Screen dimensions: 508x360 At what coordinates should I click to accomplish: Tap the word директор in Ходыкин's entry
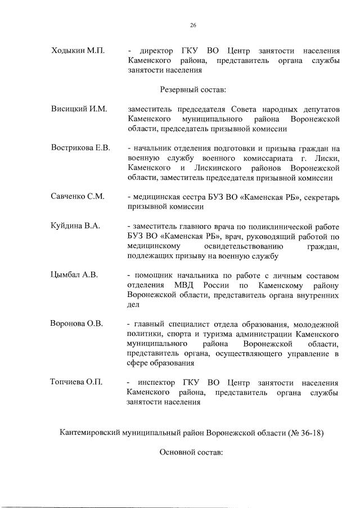(x=157, y=51)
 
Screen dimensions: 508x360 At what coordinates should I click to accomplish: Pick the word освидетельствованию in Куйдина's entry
(x=245, y=246)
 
